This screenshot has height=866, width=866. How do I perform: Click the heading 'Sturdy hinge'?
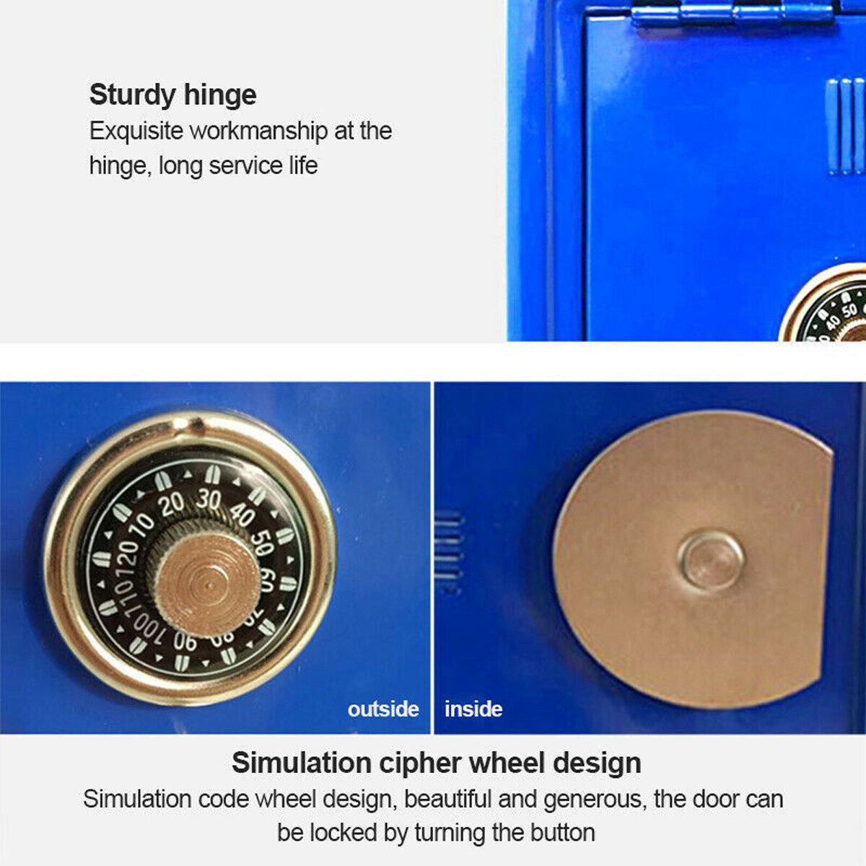(173, 95)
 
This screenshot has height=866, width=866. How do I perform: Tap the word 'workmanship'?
(259, 131)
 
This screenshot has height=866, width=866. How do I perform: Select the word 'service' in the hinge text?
(245, 165)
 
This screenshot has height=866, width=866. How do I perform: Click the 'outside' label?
(383, 709)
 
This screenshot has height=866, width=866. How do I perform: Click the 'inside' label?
(473, 709)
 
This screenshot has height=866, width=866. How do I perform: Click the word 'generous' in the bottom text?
(595, 800)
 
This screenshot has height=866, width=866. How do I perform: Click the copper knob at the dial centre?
(209, 585)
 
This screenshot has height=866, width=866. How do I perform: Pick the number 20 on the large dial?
(172, 505)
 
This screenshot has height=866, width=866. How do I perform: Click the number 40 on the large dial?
(242, 514)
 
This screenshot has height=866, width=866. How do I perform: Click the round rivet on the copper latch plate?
(711, 561)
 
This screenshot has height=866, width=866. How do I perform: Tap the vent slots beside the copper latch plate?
(447, 552)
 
